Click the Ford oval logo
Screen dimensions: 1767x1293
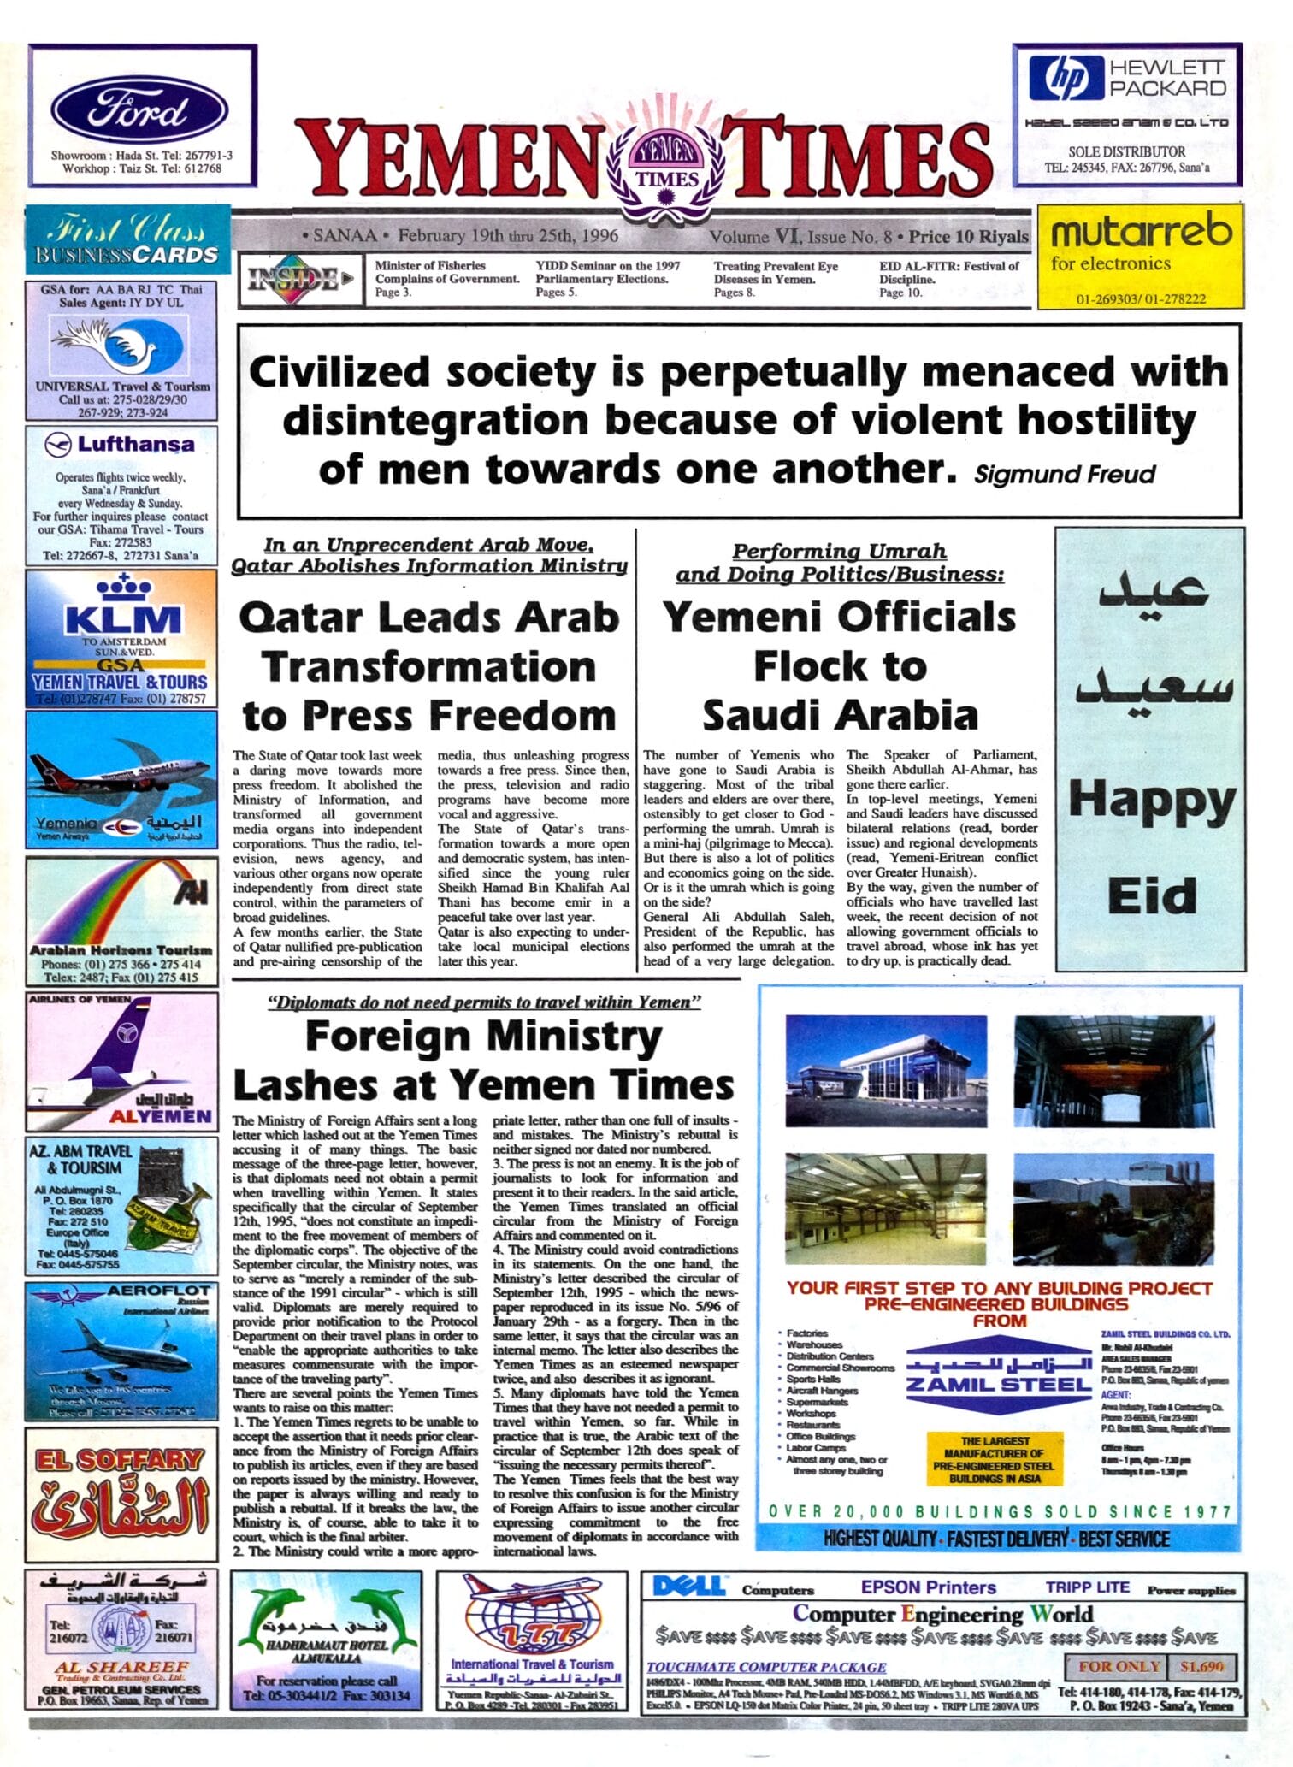139,112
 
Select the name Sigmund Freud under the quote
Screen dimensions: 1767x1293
1065,474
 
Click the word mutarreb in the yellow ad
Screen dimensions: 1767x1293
1141,231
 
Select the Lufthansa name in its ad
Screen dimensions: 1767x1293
135,444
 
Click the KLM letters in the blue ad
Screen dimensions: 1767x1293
124,618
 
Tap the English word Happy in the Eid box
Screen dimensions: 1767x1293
1151,801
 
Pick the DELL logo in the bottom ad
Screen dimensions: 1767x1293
688,1587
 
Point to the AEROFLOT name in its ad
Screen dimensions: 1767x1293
159,1290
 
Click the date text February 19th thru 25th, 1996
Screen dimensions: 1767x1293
507,235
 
